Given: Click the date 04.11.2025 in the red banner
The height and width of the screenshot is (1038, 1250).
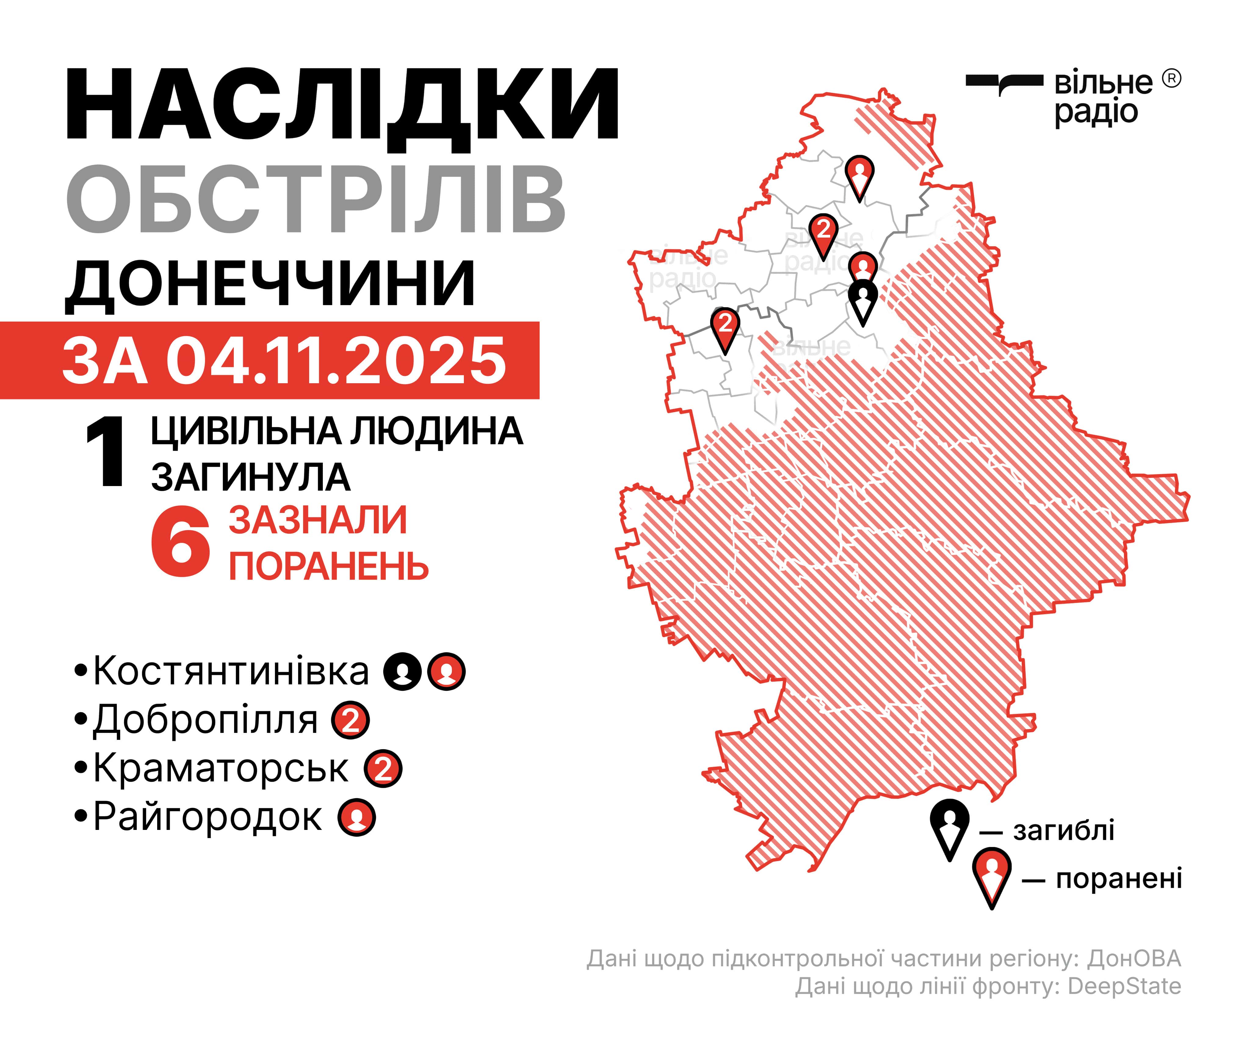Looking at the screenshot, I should [336, 361].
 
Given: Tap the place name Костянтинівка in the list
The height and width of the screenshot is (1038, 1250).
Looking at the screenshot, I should [231, 671].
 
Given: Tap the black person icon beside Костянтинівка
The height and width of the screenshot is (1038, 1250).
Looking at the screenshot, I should [403, 671].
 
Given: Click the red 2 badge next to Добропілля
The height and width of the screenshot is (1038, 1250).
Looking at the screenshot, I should [351, 720].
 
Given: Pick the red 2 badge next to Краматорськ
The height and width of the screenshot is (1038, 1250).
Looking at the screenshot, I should [383, 769].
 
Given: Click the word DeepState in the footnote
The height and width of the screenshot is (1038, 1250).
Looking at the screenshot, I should [1124, 986].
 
